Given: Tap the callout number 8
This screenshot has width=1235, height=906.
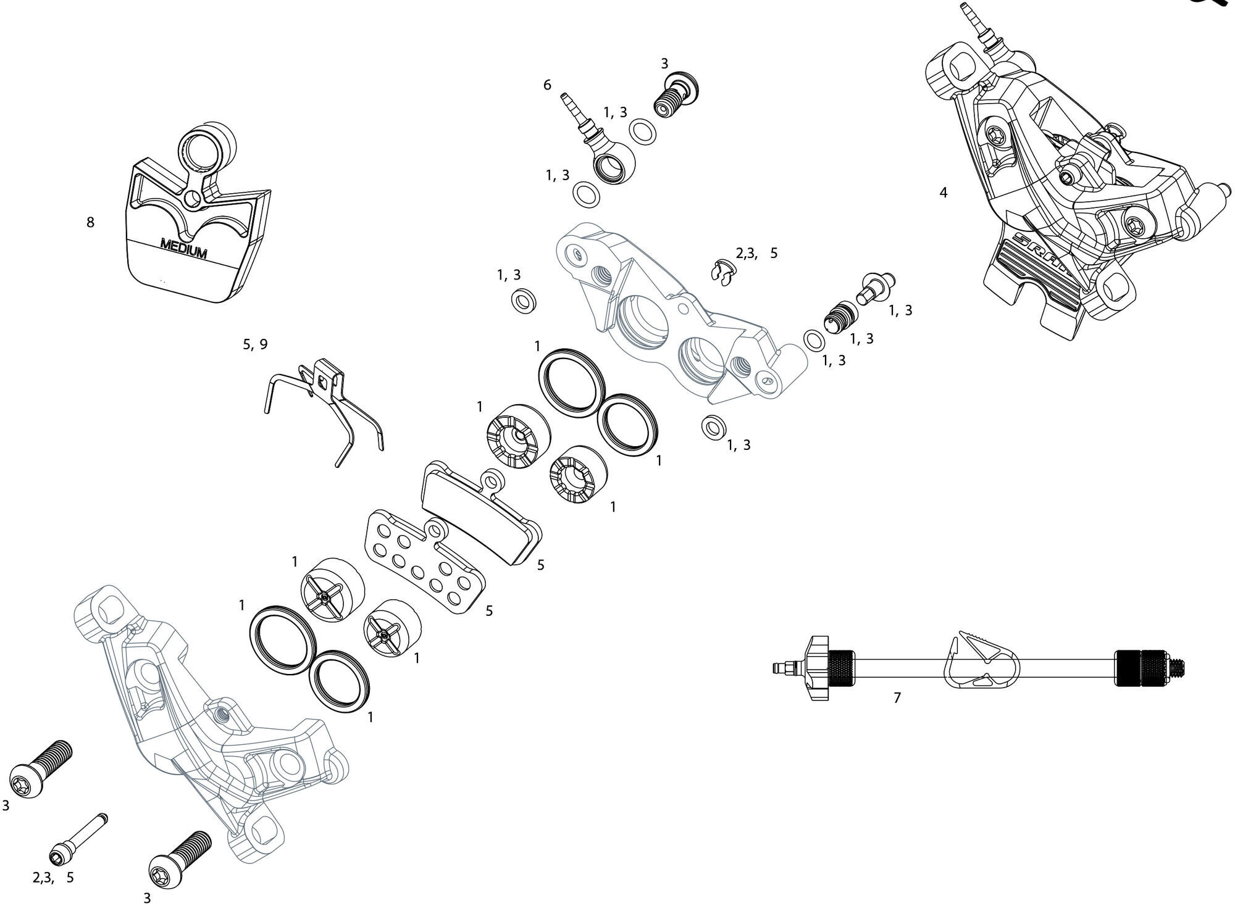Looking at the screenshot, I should point(90,222).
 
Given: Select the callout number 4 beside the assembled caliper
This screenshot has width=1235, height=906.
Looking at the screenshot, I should point(943,193).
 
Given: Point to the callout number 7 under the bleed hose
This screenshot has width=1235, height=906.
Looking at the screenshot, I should point(897,698).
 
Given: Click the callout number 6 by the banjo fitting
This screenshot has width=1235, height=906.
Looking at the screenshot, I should point(547,85).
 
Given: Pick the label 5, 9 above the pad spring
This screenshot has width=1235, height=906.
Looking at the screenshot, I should point(255,344).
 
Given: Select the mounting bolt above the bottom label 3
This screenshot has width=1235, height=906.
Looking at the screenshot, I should point(179,860).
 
